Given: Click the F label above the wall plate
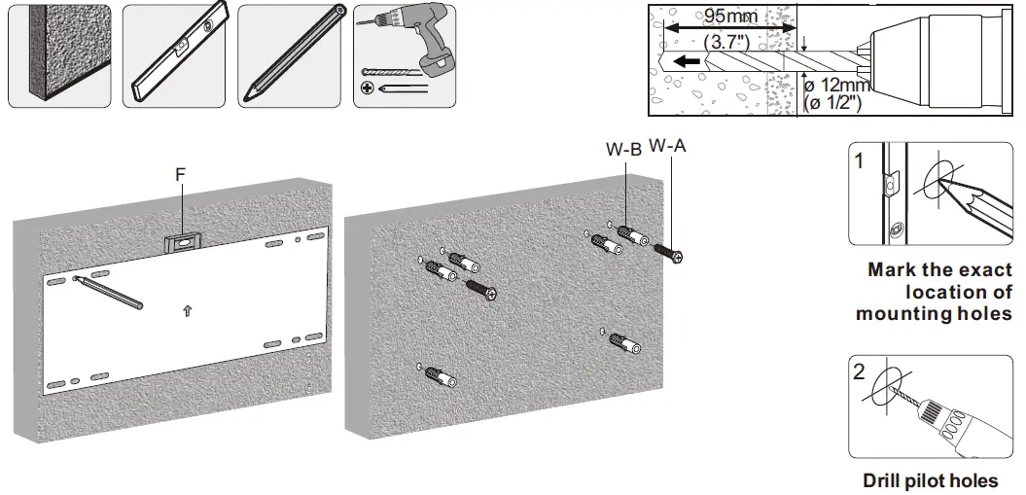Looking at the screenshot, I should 181,174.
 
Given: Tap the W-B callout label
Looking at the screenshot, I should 622,150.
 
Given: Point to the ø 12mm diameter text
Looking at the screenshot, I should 837,86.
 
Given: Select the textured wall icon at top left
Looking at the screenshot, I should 57,53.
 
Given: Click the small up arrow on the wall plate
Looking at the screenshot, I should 188,311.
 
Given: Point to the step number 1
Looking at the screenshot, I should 859,161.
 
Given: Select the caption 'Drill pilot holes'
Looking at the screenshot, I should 930,480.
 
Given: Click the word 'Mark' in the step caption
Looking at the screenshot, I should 893,270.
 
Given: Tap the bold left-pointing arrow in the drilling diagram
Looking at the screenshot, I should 688,60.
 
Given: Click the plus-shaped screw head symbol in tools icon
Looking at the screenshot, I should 367,88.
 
